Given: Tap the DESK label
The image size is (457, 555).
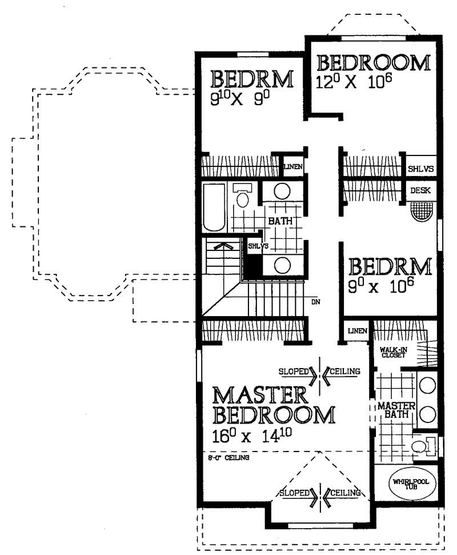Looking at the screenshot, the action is click(x=420, y=190).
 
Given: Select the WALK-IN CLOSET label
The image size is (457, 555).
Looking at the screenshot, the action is click(x=394, y=352).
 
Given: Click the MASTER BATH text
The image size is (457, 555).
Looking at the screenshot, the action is click(x=396, y=410).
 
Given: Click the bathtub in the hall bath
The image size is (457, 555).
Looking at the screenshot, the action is click(x=214, y=207).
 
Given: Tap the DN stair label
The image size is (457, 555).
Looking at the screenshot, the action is click(x=315, y=302).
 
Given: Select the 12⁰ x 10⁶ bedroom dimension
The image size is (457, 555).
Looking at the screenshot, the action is click(x=354, y=82).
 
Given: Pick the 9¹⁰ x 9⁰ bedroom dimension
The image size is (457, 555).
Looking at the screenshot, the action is click(x=237, y=99).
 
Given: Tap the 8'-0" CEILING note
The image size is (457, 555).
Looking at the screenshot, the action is click(x=228, y=458).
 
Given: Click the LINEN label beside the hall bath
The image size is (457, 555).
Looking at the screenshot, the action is click(x=293, y=166).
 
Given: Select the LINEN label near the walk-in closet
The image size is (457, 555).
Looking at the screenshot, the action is click(x=357, y=331).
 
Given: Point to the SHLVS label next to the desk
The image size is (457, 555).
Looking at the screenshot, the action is click(x=420, y=169).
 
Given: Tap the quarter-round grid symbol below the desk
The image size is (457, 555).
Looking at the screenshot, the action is click(x=422, y=211).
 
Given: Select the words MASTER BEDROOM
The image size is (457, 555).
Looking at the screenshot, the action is click(x=274, y=406).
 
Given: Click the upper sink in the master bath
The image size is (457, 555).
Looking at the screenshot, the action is click(x=428, y=385).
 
